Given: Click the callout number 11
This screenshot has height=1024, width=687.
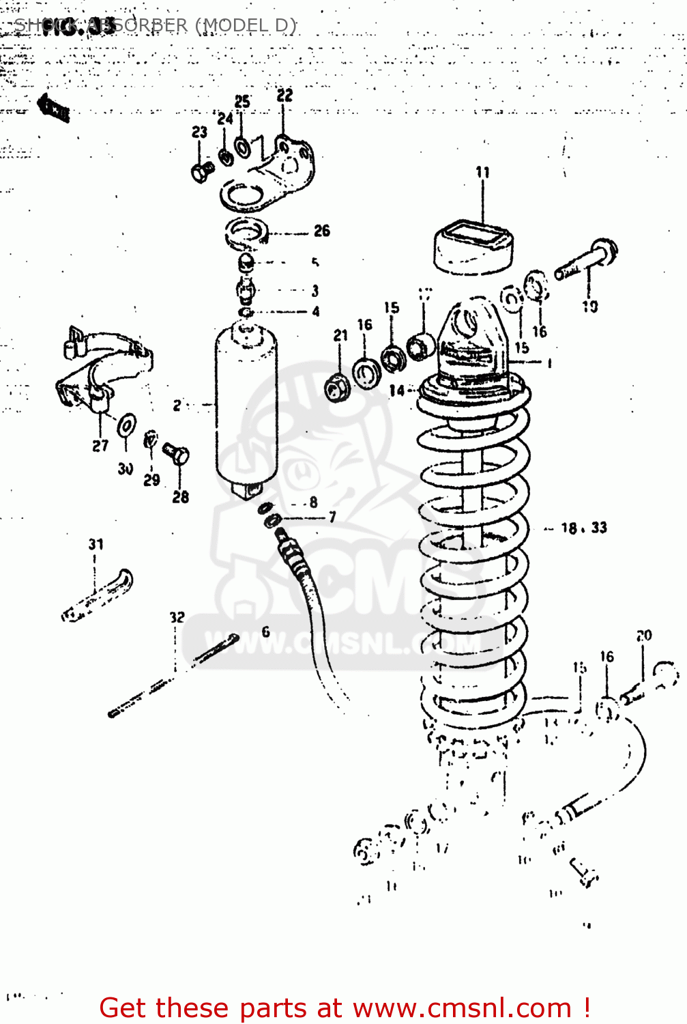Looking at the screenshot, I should (x=482, y=172).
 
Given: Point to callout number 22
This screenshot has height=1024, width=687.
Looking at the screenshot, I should (x=284, y=96).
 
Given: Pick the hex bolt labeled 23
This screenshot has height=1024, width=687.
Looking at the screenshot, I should (x=200, y=173).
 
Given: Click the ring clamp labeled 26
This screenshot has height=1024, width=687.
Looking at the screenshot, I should (x=246, y=232).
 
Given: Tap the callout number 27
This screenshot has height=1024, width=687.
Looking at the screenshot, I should (x=100, y=446).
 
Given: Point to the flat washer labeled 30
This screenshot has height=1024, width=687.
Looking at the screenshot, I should (x=126, y=425).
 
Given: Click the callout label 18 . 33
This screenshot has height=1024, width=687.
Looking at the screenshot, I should (x=583, y=528).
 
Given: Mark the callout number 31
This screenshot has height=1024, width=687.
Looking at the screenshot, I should (x=96, y=544).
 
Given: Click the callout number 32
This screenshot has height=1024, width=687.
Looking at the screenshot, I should (x=177, y=617).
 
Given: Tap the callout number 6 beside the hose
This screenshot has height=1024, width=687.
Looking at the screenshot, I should (x=265, y=631).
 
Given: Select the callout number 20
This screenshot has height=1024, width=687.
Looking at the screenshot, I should (x=644, y=636).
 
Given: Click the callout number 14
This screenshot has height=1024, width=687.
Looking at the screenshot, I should (x=396, y=390).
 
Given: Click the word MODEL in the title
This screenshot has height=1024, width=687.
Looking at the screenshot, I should (x=233, y=25).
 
